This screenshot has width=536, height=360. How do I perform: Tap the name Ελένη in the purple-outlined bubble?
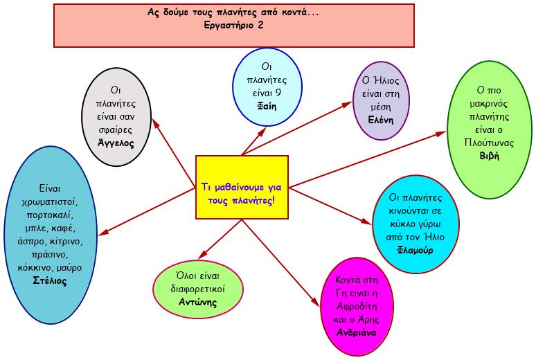[380, 118]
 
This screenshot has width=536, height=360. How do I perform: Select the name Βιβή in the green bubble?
[489, 156]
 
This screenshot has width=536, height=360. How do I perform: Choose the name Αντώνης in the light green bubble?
[197, 302]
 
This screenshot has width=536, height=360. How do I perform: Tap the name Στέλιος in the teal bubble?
[50, 280]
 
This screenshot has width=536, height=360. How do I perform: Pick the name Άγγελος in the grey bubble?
[116, 143]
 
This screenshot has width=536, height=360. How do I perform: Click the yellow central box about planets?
[242, 188]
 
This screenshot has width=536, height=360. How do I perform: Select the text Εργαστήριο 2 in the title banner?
[235, 25]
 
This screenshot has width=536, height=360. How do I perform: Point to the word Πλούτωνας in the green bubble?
[489, 143]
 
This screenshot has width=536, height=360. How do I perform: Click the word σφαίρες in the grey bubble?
[116, 130]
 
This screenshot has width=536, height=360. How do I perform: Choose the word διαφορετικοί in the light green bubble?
[197, 289]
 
